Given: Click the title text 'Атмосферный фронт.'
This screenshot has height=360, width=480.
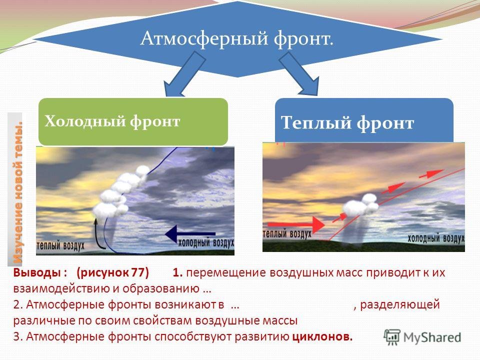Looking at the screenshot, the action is pos(237,38).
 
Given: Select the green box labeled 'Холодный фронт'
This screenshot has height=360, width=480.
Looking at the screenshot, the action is pos(133,121).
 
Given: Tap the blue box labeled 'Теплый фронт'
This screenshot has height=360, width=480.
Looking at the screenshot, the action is pos(364,120).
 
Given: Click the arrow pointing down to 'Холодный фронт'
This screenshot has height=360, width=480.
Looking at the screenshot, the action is pos(183,74).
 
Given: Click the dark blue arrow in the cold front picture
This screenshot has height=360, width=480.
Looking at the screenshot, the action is pos(190,234).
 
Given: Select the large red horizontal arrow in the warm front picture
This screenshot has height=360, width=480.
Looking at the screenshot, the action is pos(296,224).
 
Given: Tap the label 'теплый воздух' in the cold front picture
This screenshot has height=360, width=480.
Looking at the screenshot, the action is pos(60,245).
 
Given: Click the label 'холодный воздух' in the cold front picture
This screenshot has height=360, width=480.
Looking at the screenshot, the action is pos(206,242).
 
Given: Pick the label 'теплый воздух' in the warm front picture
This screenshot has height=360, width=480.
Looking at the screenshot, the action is pos(287,234).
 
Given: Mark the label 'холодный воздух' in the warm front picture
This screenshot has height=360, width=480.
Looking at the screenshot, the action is pos(436,238).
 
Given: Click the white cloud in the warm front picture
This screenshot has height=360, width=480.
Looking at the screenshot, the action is pos(360,205).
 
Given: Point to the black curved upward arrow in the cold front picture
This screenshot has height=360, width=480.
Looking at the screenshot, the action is pos(98,234).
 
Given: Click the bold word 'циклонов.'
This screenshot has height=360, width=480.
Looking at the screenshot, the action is pos(322,336).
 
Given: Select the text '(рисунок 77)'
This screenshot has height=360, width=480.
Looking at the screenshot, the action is pos(112,272).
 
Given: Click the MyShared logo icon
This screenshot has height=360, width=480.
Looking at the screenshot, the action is pos(392,337).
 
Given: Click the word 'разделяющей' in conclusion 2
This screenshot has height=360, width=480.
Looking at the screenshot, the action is pos(400,305).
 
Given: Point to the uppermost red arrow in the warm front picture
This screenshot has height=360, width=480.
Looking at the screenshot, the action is pos(431,173).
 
